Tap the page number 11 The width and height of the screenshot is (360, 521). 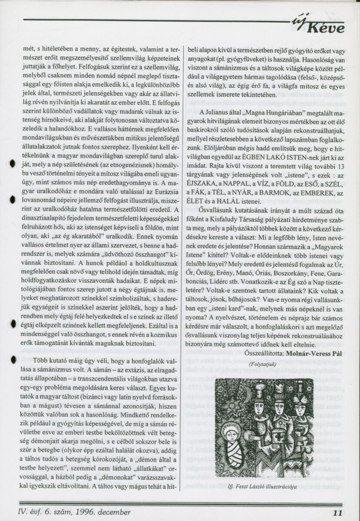pos(339,512)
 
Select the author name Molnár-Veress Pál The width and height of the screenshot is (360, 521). pos(314,353)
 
